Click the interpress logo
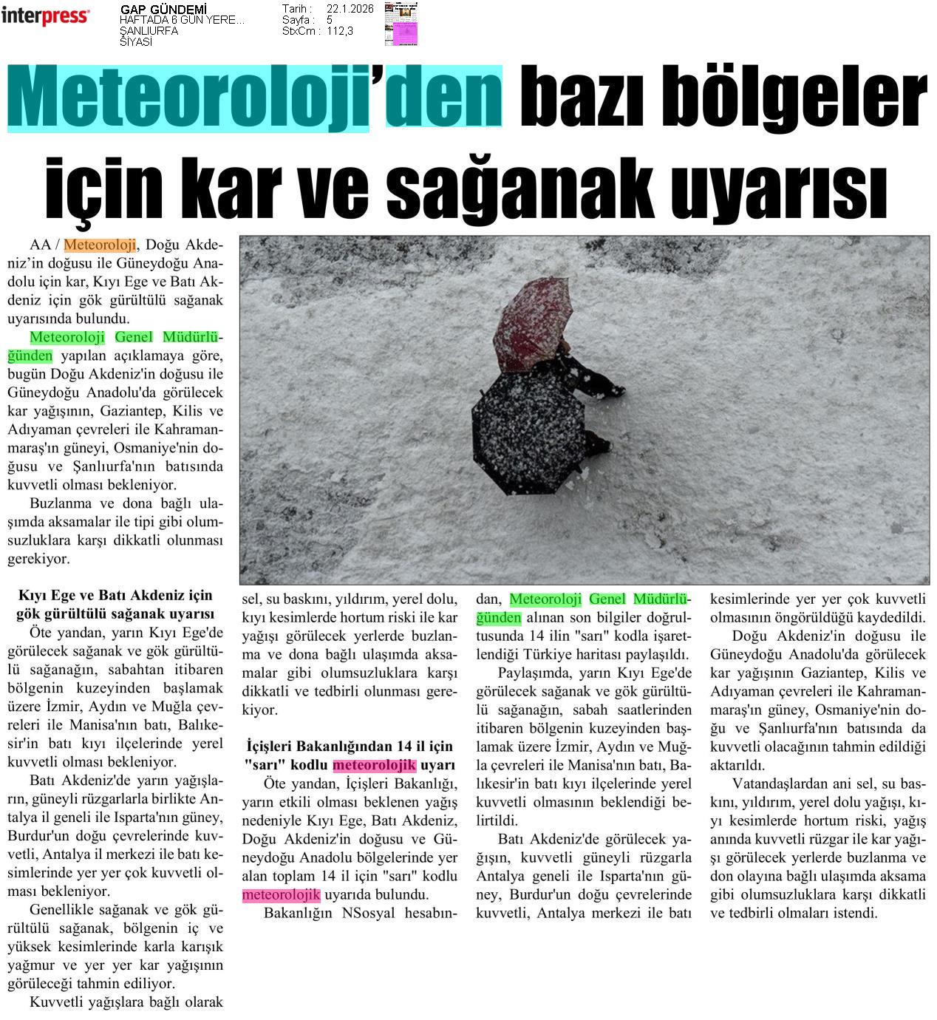point(45,16)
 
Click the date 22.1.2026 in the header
point(350,9)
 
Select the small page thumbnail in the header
point(401,24)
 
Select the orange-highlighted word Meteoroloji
point(100,245)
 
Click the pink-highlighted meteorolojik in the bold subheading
point(375,765)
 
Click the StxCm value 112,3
point(340,31)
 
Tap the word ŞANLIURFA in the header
point(149,31)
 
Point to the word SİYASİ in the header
point(136,41)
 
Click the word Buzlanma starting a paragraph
point(62,503)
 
